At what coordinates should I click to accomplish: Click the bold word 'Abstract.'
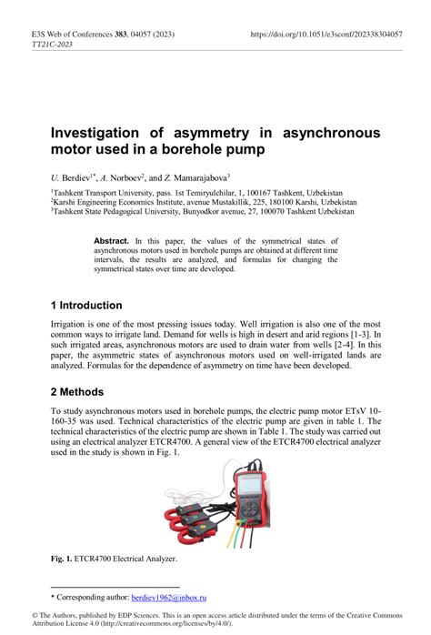point(112,238)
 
